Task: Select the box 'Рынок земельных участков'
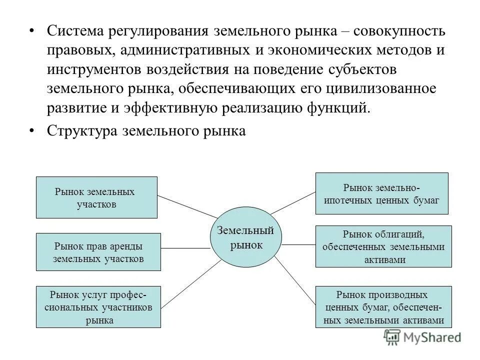point(97,197)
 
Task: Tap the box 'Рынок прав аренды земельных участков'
point(98,252)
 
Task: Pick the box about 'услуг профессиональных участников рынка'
point(98,306)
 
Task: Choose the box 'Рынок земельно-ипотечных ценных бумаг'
point(381,193)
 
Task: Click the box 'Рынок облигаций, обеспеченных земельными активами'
point(384,246)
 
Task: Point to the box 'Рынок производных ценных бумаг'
point(384,306)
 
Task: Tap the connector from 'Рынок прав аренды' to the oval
point(185,248)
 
